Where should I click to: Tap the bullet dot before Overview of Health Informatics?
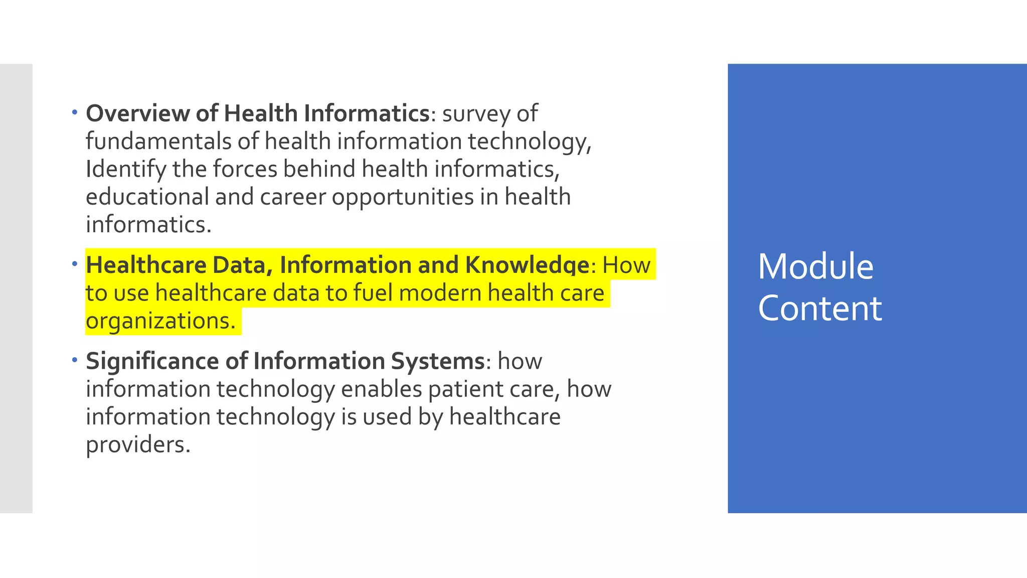pyautogui.click(x=75, y=112)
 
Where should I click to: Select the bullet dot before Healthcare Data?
pyautogui.click(x=75, y=263)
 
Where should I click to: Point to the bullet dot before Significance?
pyautogui.click(x=75, y=360)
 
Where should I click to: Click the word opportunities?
pyautogui.click(x=403, y=197)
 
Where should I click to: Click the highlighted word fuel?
pyautogui.click(x=373, y=293)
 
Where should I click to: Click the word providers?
pyautogui.click(x=138, y=445)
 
